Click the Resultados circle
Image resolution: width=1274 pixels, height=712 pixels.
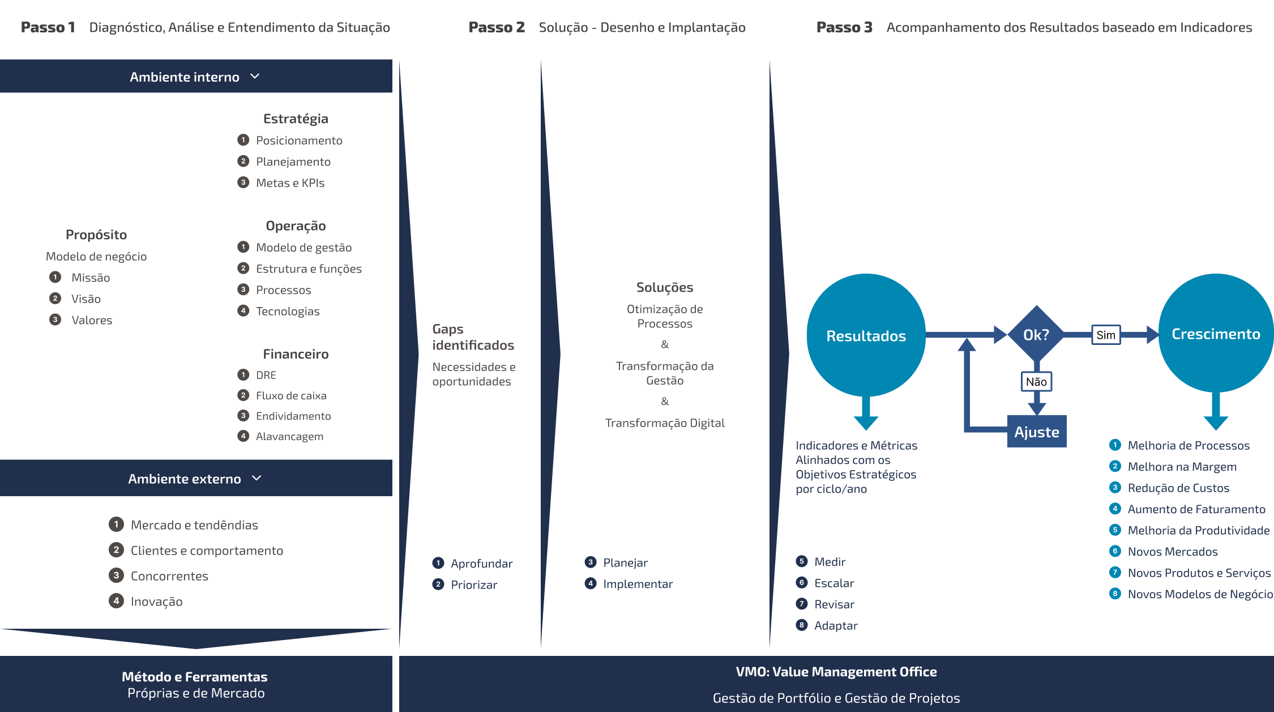pos(866,335)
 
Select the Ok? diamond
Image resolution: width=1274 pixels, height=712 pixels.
pos(1036,335)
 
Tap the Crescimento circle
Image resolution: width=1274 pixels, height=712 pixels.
pos(1216,334)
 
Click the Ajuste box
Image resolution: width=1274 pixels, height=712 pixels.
pos(1036,432)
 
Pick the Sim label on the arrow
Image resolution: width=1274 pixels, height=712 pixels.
pos(1105,335)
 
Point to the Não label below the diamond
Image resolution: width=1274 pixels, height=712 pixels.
pos(1036,382)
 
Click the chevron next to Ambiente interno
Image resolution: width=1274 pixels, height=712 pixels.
pos(255,76)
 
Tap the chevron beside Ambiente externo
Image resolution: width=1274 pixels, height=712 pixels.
pos(256,478)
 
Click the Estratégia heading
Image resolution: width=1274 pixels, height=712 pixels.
pos(296,118)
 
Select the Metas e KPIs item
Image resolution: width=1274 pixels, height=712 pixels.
pos(290,183)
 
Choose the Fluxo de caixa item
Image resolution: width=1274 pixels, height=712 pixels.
pos(291,395)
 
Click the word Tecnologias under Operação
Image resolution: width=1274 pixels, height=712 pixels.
pos(288,311)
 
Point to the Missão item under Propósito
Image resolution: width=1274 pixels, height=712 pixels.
pos(91,278)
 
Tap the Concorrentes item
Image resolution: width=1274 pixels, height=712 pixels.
pos(169,576)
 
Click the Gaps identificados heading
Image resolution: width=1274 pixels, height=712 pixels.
pos(473,337)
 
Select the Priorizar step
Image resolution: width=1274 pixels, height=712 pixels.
pos(474,585)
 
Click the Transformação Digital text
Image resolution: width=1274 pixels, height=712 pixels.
pos(665,423)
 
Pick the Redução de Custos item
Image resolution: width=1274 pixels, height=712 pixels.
pos(1178,488)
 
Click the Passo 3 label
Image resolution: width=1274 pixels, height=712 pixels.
pos(844,27)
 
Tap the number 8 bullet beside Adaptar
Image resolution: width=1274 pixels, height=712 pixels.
pos(802,625)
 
